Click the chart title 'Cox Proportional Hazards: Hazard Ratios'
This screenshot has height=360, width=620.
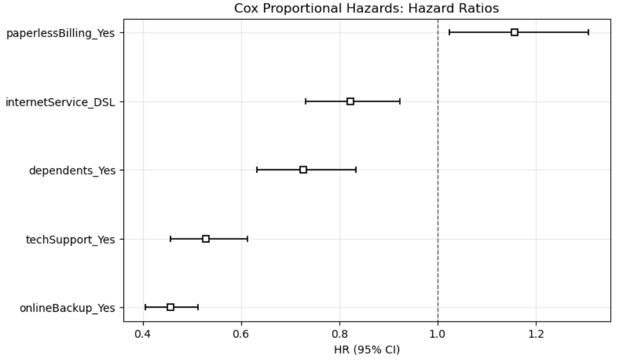pos(366,8)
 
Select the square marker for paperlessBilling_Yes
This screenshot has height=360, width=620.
pos(514,32)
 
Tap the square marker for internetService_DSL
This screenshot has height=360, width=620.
pos(350,101)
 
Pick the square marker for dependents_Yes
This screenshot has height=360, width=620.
pos(303,170)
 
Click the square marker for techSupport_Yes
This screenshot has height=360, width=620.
pos(206,238)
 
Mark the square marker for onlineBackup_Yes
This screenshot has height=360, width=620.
pos(170,307)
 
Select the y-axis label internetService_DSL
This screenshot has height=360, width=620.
pos(60,102)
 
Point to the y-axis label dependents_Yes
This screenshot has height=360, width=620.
pos(72,170)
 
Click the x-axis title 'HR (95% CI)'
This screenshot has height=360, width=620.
pos(366,350)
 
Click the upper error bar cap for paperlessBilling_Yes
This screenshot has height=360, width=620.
pos(588,32)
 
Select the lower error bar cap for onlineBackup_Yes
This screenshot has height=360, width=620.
pos(145,307)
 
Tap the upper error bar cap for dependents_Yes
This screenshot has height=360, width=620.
pos(356,170)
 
